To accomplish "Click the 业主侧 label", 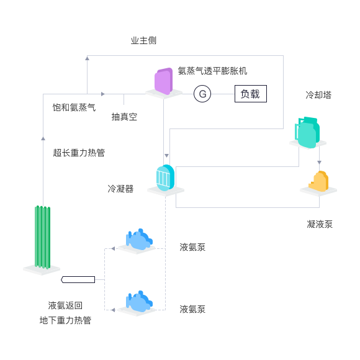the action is [x=143, y=40].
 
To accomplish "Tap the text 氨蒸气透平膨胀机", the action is [x=212, y=71].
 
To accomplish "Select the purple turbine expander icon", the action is [x=163, y=81].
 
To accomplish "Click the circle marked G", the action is [x=202, y=94].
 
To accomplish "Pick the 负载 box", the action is [x=251, y=94].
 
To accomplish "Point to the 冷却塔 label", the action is [x=318, y=95].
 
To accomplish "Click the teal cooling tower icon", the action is [x=307, y=132].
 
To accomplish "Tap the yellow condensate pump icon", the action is [x=318, y=181].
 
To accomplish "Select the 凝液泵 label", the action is [x=320, y=224].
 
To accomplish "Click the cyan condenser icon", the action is [x=165, y=178].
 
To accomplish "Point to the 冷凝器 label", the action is [x=120, y=189].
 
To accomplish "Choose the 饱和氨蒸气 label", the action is [x=74, y=107].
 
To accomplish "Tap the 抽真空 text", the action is [x=124, y=117].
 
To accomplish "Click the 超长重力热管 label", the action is [x=79, y=153].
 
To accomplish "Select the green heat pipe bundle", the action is [x=42, y=237].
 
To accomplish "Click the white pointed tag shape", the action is [x=78, y=280].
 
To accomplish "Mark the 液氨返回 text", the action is [x=65, y=305].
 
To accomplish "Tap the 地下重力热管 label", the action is [x=65, y=320].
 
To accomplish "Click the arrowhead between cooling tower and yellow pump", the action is [x=319, y=163].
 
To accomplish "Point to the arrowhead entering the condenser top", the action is [x=167, y=156].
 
